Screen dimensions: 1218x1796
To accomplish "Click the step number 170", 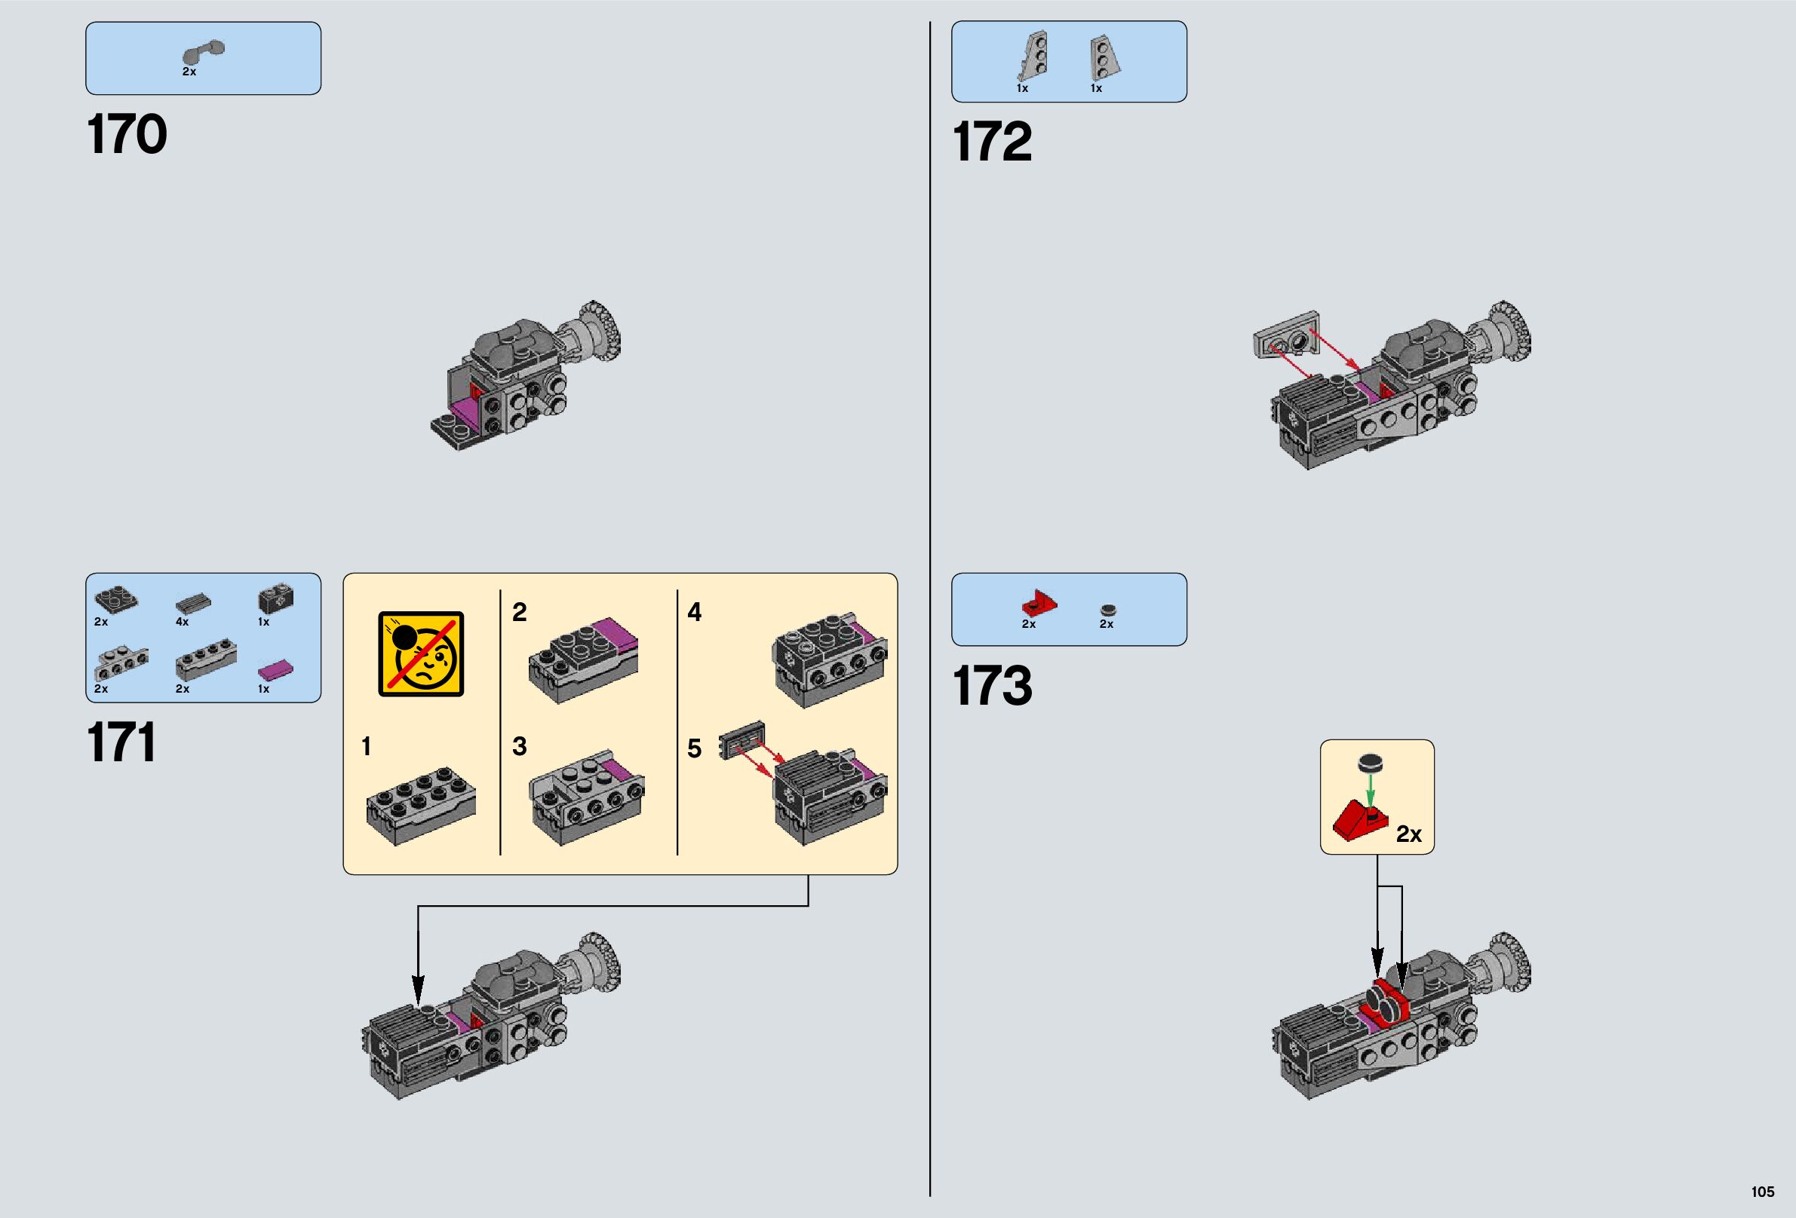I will [127, 134].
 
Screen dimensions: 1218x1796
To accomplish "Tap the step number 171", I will [121, 742].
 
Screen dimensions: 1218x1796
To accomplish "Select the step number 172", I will [992, 142].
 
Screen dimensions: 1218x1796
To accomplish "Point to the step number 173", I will [992, 686].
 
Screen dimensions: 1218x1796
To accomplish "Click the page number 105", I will [1762, 1192].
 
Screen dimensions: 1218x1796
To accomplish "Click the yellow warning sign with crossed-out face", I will [421, 654].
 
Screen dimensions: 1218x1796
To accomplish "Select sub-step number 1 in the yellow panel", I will [367, 746].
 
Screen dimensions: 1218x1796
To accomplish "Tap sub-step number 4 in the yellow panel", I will [695, 613].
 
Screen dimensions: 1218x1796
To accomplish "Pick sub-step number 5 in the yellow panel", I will [694, 748].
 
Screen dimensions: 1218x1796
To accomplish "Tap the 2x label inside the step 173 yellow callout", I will [1409, 834].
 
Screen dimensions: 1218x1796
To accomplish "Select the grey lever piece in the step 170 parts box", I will [204, 53].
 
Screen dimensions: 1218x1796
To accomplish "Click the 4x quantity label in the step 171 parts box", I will [183, 622].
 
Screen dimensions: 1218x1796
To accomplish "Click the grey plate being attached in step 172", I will [1287, 335].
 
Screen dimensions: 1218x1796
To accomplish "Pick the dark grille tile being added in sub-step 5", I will [742, 739].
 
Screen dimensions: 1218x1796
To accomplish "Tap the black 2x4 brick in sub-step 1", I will [421, 803].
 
